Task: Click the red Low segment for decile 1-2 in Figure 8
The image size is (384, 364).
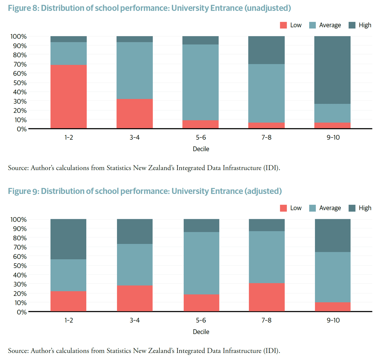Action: (x=68, y=97)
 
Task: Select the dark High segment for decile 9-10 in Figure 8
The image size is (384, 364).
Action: (x=333, y=70)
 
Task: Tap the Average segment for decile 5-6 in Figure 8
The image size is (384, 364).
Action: (x=200, y=82)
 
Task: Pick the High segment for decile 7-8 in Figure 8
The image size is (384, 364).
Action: (x=266, y=50)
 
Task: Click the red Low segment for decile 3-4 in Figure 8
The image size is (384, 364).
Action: (x=135, y=114)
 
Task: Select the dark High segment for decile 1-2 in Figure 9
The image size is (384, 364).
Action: (x=68, y=239)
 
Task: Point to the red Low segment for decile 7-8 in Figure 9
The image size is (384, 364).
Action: (x=266, y=297)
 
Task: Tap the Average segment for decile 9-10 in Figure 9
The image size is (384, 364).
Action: (x=333, y=277)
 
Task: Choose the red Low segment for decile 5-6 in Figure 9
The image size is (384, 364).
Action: (x=201, y=303)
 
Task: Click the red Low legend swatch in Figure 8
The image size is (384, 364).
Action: (x=283, y=25)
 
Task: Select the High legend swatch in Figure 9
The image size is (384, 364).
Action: (x=352, y=208)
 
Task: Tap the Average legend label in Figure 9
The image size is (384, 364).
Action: (x=330, y=208)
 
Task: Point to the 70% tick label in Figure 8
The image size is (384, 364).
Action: (x=19, y=64)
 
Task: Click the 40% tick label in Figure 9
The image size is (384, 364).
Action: (x=19, y=275)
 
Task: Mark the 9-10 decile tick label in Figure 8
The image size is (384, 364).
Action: (x=333, y=137)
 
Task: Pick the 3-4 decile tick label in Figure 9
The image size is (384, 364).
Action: (x=135, y=320)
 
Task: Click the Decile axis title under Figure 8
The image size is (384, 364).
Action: (x=201, y=149)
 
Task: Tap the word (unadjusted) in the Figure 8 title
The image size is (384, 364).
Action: (x=268, y=8)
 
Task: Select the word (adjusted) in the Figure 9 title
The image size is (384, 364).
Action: (x=263, y=191)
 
